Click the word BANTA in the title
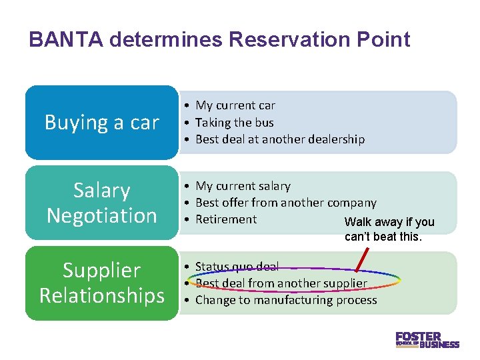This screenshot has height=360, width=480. [x=65, y=40]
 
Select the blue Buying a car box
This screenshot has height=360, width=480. [x=102, y=123]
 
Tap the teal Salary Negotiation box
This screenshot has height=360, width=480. [x=102, y=203]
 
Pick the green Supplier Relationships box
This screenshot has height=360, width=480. [x=102, y=283]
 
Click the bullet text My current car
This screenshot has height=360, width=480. [x=235, y=105]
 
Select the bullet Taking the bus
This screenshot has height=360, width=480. [x=235, y=123]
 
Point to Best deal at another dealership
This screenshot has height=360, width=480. [x=280, y=139]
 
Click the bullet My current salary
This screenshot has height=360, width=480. [x=243, y=186]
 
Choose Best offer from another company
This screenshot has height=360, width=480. [x=285, y=203]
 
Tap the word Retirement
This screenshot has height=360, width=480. [x=226, y=219]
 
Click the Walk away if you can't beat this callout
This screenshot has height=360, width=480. [x=389, y=229]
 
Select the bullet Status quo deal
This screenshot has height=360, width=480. [x=237, y=267]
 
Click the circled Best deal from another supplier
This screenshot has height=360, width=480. [x=281, y=283]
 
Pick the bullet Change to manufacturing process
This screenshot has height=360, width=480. [x=286, y=300]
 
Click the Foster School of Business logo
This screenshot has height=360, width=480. [x=427, y=339]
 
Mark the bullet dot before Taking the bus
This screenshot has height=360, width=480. [x=189, y=123]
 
